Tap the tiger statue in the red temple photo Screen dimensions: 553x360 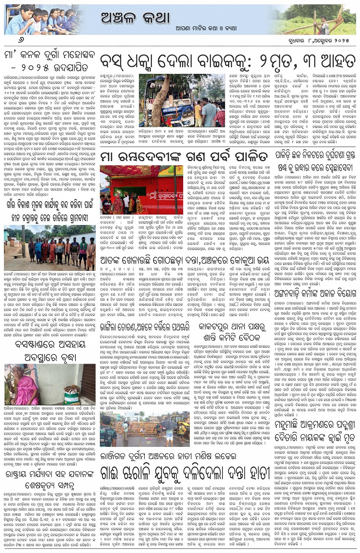139,207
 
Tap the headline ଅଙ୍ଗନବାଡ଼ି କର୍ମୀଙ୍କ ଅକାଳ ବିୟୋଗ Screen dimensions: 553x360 315,293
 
